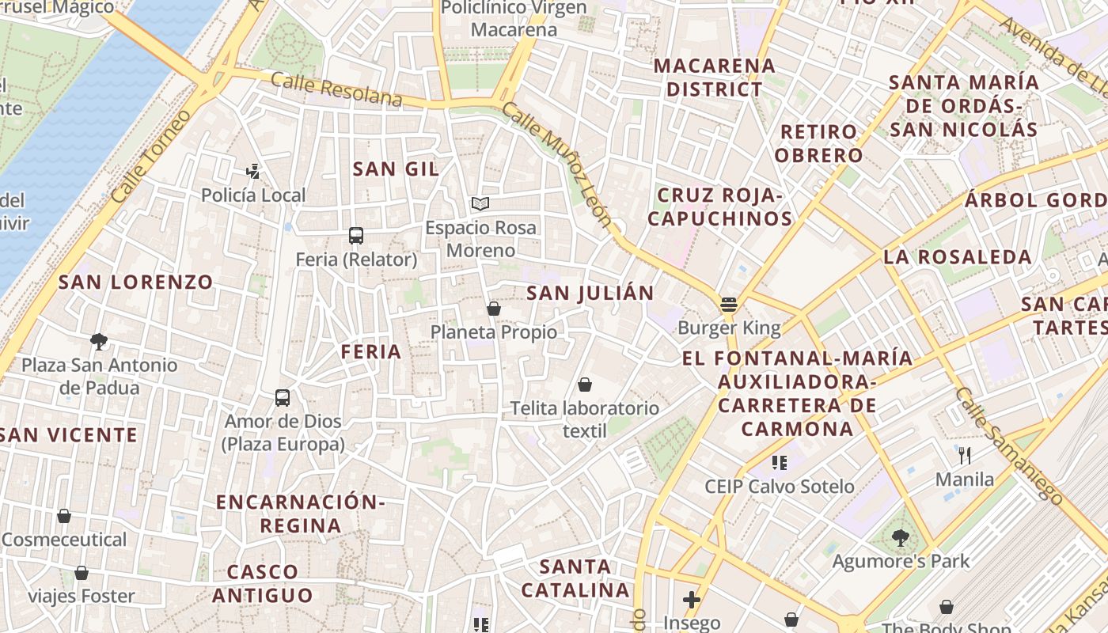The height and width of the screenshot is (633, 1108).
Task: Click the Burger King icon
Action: (x=728, y=305)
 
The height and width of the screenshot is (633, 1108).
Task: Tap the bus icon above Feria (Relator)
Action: (x=356, y=236)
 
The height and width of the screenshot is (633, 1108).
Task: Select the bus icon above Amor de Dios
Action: (x=283, y=398)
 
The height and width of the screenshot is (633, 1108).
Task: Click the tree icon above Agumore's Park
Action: (x=900, y=538)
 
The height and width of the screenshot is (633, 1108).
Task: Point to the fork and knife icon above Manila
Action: (x=964, y=455)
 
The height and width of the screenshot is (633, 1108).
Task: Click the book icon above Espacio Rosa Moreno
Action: (x=480, y=204)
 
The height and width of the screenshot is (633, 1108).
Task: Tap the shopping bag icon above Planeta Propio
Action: (x=494, y=309)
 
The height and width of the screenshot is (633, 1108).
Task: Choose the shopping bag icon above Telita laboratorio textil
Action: (x=585, y=385)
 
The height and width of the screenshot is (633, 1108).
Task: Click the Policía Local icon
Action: (x=252, y=171)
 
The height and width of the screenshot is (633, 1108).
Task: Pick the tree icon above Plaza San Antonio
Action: (x=99, y=342)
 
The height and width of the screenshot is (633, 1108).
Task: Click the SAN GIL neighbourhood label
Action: (x=396, y=169)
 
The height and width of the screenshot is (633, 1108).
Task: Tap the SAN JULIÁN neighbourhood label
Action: (x=590, y=293)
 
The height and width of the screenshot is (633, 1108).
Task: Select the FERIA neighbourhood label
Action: (x=371, y=352)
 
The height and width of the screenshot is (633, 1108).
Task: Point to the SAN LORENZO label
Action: (x=136, y=282)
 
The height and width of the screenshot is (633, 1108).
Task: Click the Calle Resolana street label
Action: (x=336, y=89)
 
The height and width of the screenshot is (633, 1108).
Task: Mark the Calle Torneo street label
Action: (x=151, y=156)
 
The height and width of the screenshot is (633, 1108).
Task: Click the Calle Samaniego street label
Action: (x=1008, y=445)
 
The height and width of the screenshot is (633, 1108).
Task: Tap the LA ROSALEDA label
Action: (x=958, y=257)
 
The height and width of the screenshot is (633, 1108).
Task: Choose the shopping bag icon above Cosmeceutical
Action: (x=64, y=517)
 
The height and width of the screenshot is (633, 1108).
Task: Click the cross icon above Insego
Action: (x=692, y=600)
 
